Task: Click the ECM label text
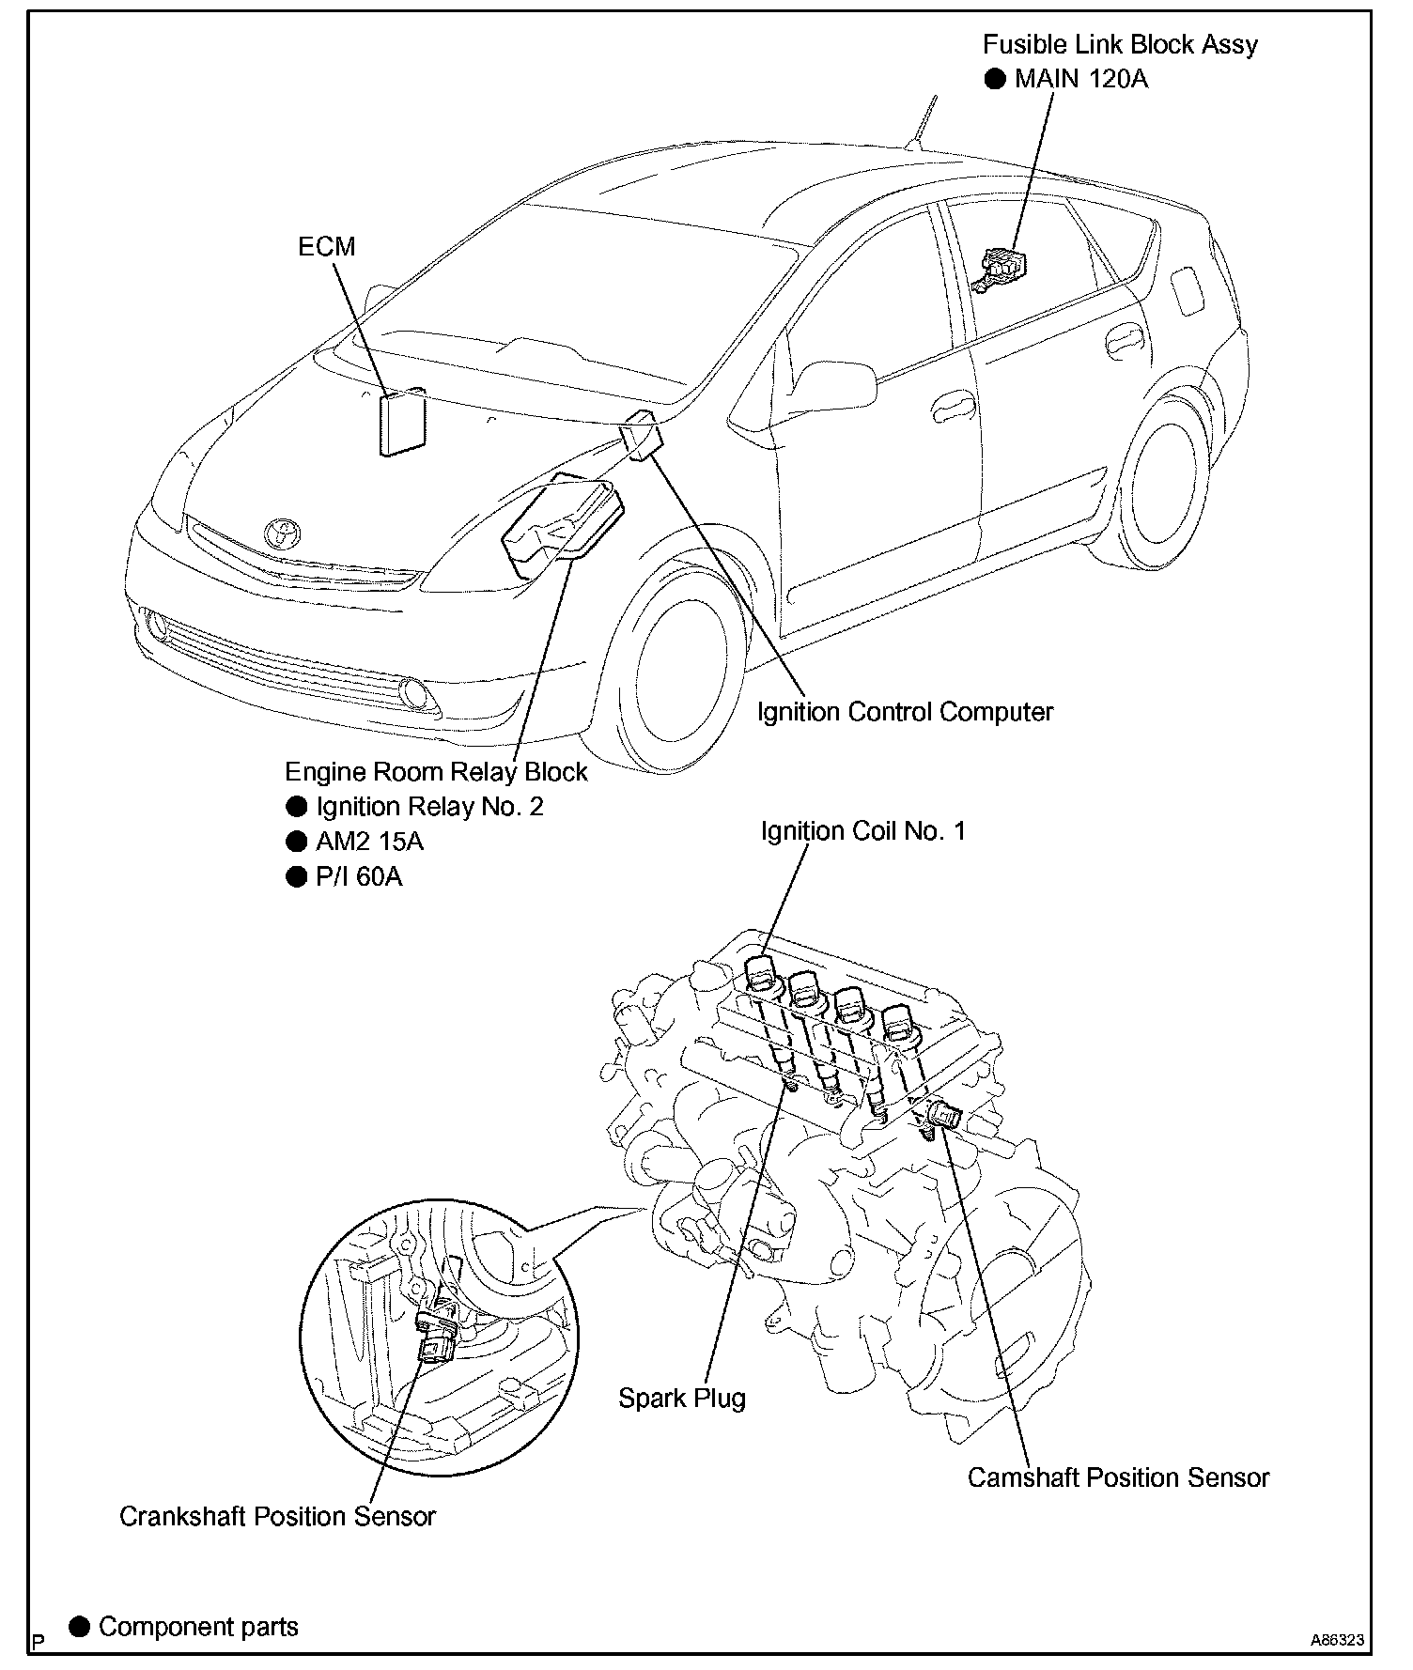coord(326,246)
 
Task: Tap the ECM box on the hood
coord(402,425)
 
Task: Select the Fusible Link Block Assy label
coord(1120,44)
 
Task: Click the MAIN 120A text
coord(1080,79)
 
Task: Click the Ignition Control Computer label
coord(905,712)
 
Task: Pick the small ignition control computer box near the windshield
coord(643,436)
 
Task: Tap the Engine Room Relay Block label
coord(436,772)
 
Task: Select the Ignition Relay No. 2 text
coord(429,807)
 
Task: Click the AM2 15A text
coord(369,842)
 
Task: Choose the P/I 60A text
coord(359,876)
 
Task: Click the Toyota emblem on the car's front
coord(282,533)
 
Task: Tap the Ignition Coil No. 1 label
coord(862,831)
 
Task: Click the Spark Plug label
coord(681,1399)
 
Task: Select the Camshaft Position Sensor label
coord(1118,1477)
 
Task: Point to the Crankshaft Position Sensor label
coord(277,1517)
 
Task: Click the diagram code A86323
coord(1337,1641)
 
